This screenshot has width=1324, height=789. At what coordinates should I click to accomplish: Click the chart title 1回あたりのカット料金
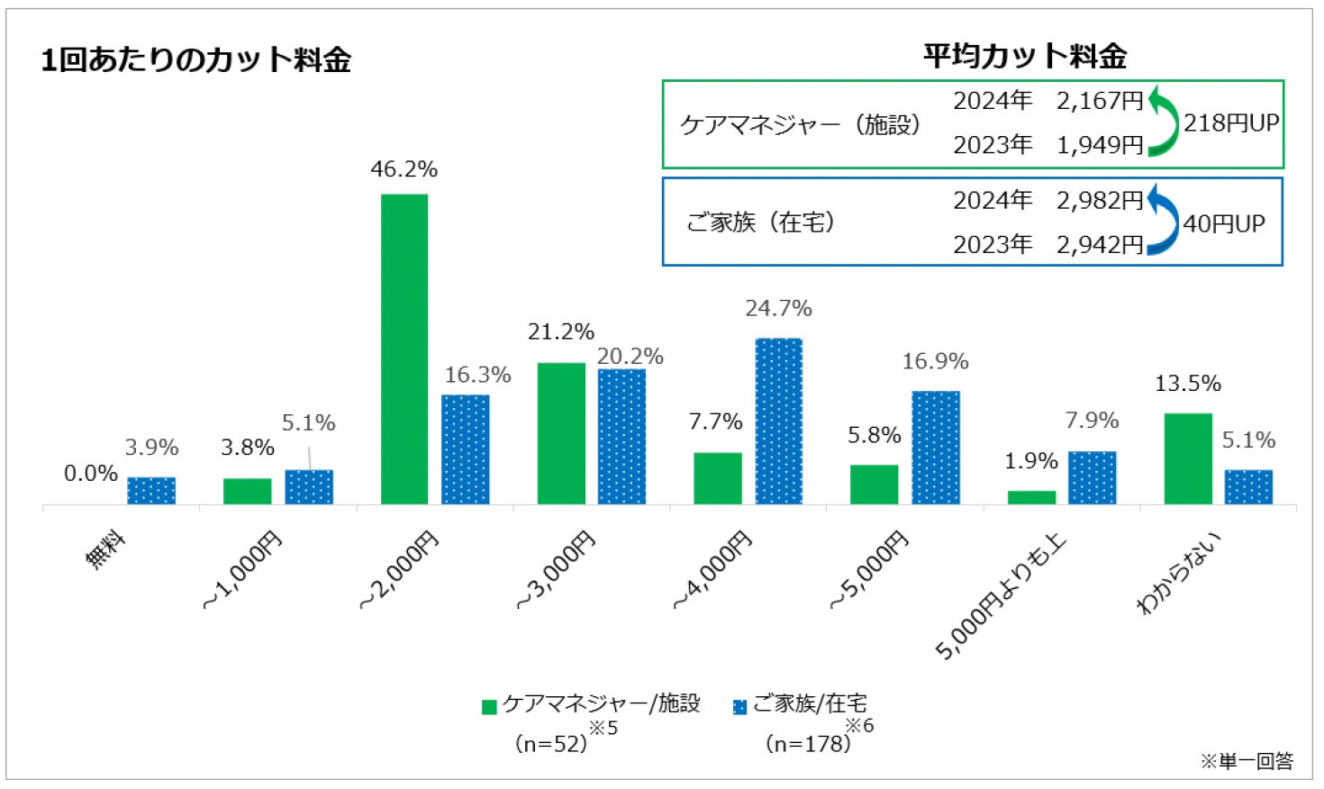195,60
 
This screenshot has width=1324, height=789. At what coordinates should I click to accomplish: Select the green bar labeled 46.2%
404,349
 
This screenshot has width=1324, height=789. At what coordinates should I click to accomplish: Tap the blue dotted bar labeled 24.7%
778,421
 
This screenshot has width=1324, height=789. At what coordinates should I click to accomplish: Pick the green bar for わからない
1187,458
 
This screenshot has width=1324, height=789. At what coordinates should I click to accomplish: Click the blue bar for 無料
151,490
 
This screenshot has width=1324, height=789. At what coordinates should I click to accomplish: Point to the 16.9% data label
935,362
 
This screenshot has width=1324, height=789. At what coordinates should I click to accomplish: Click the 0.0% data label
91,474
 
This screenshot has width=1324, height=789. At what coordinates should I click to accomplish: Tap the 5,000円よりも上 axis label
1000,595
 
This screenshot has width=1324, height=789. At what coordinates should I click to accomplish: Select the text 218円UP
1231,123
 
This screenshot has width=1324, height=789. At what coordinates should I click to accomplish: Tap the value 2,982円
1099,201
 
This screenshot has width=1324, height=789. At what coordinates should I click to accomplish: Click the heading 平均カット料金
1024,57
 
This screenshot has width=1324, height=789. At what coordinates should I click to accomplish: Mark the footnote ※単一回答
1247,762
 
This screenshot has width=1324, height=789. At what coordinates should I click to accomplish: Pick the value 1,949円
1099,145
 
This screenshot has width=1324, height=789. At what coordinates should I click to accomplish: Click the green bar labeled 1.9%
1031,497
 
